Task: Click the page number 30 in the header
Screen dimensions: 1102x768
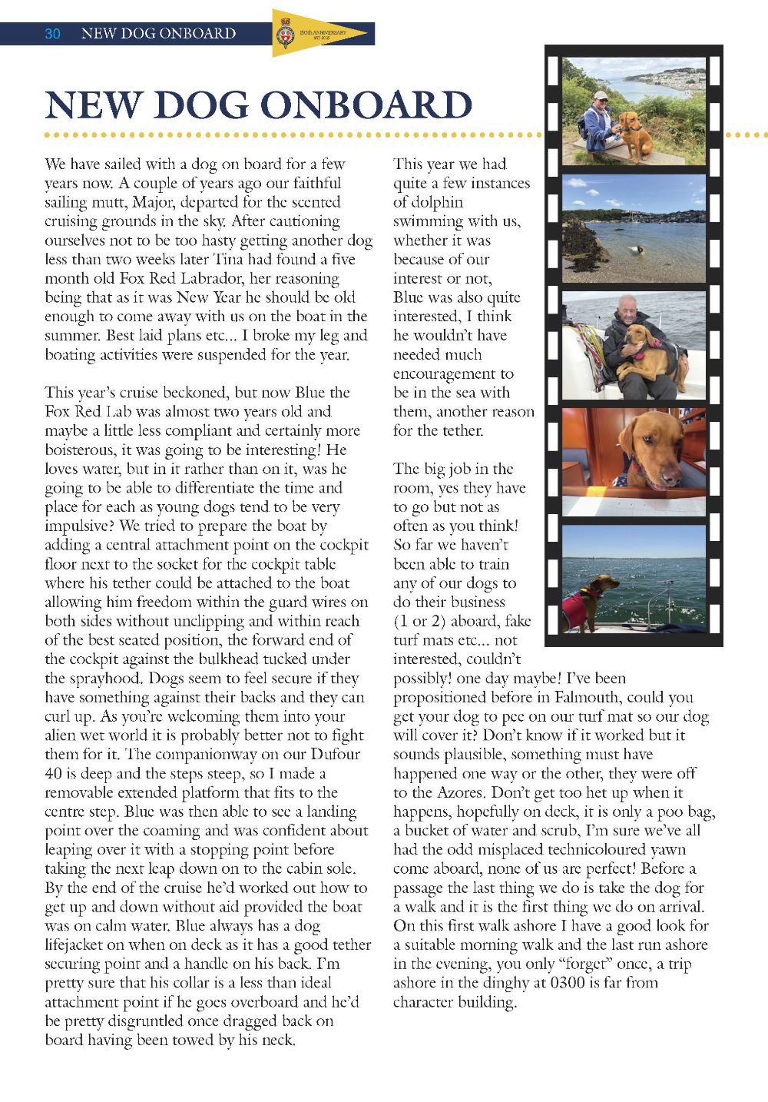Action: coord(52,33)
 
